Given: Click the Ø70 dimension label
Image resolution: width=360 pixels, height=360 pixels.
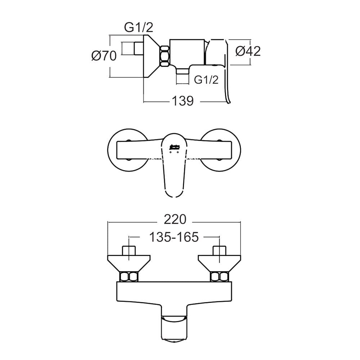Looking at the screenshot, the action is [104, 56].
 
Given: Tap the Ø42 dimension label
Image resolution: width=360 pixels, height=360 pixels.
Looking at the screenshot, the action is [248, 51].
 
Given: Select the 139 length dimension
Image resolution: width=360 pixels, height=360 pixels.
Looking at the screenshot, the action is [183, 101].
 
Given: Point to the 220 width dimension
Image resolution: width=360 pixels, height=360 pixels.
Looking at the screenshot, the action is [175, 220].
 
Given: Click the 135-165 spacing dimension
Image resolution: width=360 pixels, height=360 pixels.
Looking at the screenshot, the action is [174, 237].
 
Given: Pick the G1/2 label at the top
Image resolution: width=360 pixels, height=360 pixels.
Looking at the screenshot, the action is [139, 28].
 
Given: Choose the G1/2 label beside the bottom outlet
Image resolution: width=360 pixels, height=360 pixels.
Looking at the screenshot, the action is [206, 80].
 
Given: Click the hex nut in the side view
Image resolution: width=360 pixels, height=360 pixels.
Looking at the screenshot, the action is [165, 56].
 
